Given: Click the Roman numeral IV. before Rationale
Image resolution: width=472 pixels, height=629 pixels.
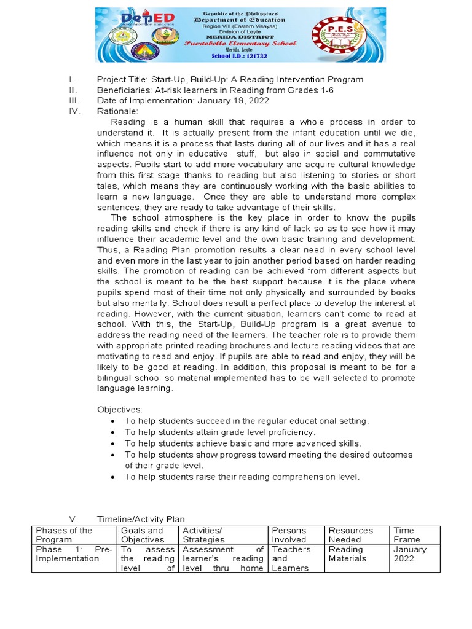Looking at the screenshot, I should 74,111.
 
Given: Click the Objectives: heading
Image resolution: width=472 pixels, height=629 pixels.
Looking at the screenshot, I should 120,410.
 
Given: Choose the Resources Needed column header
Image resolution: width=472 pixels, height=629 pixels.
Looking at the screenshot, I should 351,534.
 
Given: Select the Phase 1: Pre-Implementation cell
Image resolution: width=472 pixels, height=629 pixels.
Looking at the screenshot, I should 74,554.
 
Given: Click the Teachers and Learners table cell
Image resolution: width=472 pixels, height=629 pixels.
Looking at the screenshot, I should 291,558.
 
